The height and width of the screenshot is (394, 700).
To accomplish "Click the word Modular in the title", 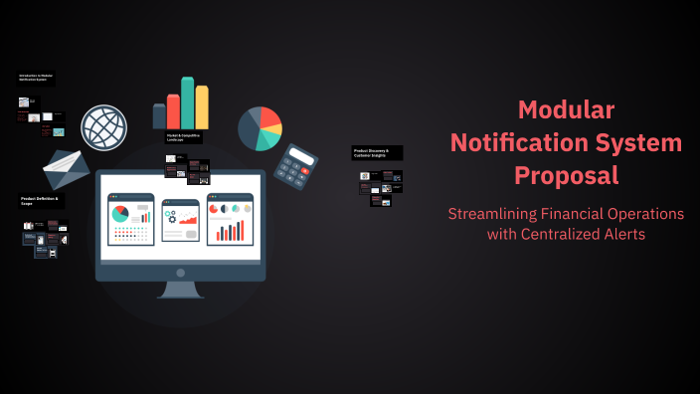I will click(x=566, y=110).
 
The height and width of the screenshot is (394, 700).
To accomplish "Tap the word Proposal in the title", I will click(x=566, y=175).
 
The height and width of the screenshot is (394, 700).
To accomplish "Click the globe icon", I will click(x=104, y=127).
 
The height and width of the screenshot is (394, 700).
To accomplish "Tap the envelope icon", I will click(x=68, y=170).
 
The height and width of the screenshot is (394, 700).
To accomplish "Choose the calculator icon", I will click(x=295, y=164).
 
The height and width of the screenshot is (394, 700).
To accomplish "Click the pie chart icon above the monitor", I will click(x=260, y=128).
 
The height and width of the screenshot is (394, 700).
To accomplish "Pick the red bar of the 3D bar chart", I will click(x=173, y=111).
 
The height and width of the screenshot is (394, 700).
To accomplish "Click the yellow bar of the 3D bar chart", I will click(x=202, y=107).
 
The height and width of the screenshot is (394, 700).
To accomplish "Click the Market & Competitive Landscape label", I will click(x=183, y=137).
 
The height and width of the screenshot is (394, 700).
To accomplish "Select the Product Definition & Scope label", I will click(x=41, y=201).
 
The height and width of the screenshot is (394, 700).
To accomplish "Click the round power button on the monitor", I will click(x=180, y=272).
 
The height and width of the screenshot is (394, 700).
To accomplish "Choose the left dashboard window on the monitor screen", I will click(x=131, y=220).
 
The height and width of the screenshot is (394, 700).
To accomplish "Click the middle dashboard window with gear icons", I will click(x=180, y=220).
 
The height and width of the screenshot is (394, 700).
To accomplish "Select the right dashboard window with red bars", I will click(x=230, y=220).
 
